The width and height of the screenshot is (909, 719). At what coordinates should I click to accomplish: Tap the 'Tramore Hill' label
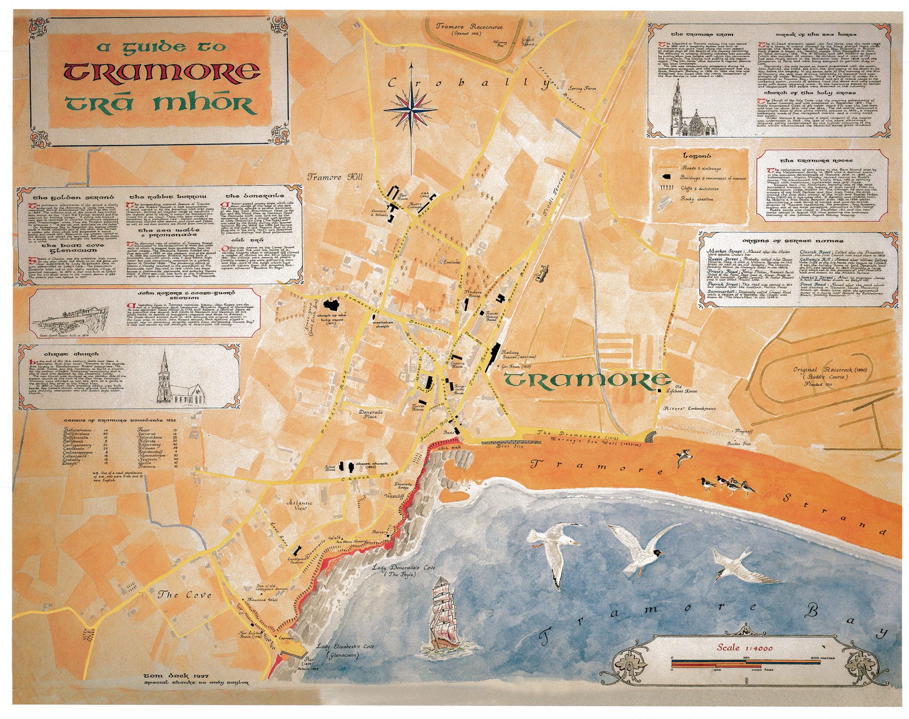(x=336, y=177)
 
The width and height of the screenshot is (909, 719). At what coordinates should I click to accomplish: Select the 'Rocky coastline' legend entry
(x=697, y=199)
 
